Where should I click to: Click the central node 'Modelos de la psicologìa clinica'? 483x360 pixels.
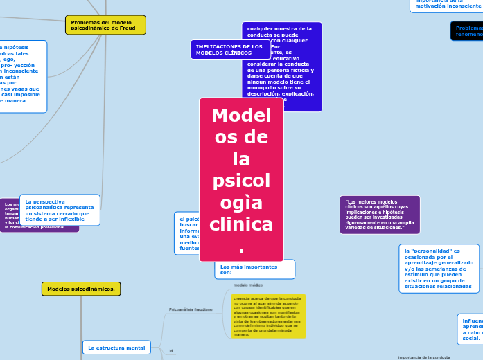(x=241, y=179)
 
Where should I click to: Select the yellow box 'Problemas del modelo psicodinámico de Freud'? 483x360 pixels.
(x=105, y=25)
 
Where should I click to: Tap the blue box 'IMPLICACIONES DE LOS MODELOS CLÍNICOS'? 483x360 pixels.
(x=230, y=49)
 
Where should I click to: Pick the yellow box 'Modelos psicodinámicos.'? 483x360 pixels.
(x=81, y=289)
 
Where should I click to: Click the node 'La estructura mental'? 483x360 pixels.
(x=116, y=348)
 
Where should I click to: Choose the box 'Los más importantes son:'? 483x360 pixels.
(x=254, y=269)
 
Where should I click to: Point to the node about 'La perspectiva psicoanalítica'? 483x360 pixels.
(x=60, y=210)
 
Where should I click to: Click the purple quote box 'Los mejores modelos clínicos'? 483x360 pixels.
(x=380, y=215)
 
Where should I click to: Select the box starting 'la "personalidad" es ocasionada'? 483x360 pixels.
(x=439, y=268)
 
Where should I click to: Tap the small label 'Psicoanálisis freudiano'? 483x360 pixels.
(x=191, y=309)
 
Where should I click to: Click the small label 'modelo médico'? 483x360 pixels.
(x=248, y=285)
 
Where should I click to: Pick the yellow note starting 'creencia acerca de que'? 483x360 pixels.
(x=268, y=316)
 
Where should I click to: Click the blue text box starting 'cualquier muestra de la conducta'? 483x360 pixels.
(x=282, y=66)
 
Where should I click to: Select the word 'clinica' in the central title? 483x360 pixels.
(x=241, y=224)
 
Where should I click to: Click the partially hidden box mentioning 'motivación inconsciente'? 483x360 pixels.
(x=447, y=5)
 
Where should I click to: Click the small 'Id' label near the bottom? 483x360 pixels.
(x=171, y=351)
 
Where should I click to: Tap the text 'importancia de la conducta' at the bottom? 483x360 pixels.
(x=424, y=357)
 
